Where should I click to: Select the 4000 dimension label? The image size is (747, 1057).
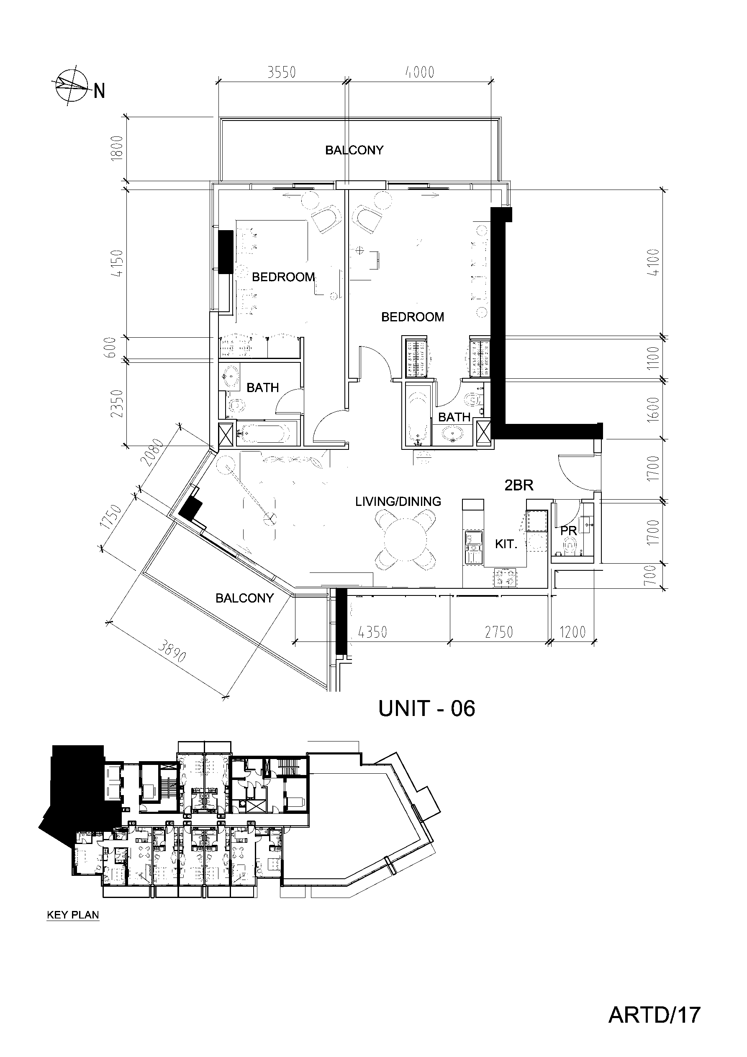420,72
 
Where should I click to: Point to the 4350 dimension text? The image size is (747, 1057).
372,632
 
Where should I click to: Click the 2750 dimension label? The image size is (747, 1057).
499,632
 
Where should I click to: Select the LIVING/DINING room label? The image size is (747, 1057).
398,501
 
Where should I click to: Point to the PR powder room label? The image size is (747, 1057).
568,531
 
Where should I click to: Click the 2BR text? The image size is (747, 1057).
519,485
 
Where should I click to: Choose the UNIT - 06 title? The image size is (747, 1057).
426,708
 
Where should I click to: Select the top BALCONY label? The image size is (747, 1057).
354,150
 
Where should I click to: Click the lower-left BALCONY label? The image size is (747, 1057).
244,598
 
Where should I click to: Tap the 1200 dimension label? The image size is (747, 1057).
572,632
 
